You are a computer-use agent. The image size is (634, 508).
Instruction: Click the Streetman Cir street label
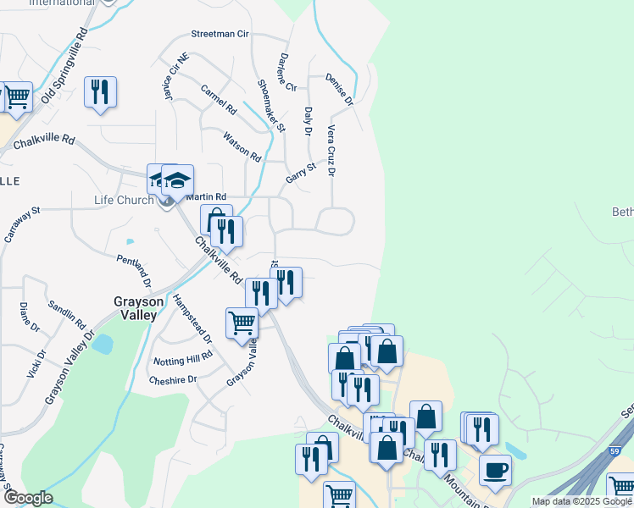tap(220, 35)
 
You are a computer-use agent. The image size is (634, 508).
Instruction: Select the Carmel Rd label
tap(219, 100)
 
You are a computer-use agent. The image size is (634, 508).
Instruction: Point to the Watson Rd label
tap(242, 146)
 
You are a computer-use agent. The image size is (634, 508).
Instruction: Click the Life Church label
tap(124, 201)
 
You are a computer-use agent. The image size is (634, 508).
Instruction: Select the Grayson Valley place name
tap(136, 307)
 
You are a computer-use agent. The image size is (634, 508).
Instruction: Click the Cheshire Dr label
tap(172, 380)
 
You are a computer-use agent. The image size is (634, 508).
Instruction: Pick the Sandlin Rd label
tap(67, 315)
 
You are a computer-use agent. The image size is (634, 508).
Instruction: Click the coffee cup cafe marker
tap(495, 470)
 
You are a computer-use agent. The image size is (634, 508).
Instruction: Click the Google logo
tap(28, 498)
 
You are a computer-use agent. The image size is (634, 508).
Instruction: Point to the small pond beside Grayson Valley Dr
tap(103, 344)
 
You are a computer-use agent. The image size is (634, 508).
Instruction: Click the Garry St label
tap(300, 174)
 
